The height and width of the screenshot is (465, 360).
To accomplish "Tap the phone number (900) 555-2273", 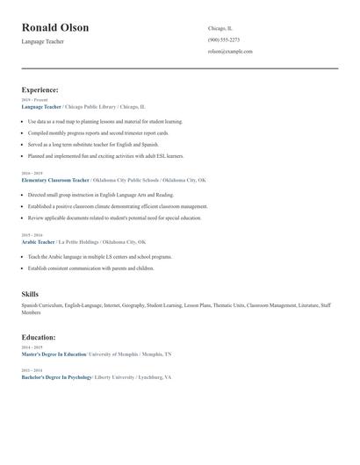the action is coord(223,39).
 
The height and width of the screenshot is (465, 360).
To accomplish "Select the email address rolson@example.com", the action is coord(230,52).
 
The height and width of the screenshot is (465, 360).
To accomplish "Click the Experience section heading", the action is coord(40,89).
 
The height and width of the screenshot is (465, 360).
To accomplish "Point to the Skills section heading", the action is coord(30,294).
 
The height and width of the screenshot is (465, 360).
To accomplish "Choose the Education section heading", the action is coord(39,337).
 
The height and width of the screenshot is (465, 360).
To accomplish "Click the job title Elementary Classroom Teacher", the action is coord(54,180).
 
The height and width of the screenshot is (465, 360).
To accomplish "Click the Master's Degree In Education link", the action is coord(54,354).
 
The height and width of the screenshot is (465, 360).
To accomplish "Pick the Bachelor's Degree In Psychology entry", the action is coord(56,377).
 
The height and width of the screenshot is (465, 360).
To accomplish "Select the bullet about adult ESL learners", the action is coord(105,155).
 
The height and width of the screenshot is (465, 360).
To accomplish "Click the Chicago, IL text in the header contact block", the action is coord(220,28).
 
